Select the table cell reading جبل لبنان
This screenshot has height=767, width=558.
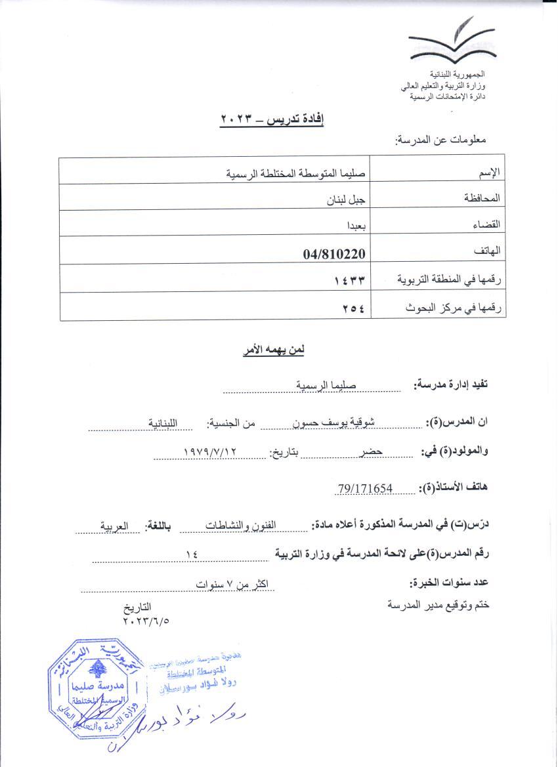point(346,196)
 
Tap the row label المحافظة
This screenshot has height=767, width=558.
point(483,197)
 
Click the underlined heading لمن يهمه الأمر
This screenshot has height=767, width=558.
point(272,350)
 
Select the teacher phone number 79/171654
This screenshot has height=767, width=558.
point(366,488)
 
